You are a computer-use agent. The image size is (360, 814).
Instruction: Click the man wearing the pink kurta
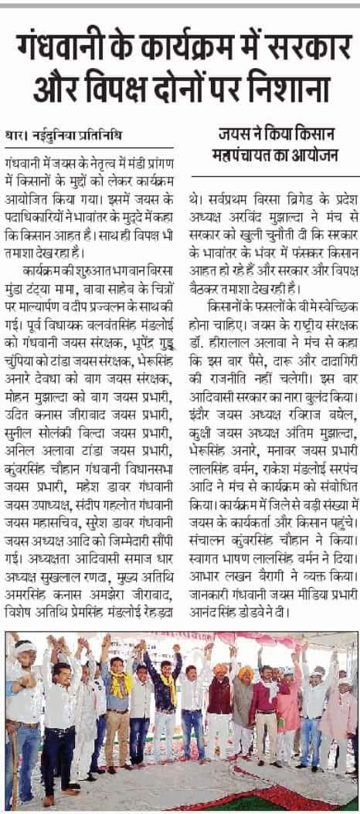click(x=288, y=695)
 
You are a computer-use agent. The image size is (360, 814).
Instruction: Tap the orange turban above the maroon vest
click(x=221, y=669)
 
